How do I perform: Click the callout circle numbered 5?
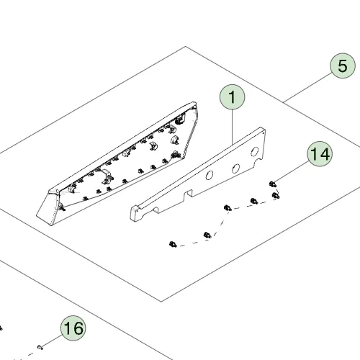pos(343,66)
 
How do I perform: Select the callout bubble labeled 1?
pos(232,97)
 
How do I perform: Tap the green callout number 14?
pos(320,154)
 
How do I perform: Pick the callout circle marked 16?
pos(73,328)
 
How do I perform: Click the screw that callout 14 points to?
pos(273,184)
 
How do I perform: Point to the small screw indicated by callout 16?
pos(40,347)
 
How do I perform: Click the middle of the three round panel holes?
pos(235,168)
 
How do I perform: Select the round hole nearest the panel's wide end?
pos(254,152)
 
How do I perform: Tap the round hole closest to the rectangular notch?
pos(210,175)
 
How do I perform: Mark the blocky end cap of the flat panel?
pos(135,212)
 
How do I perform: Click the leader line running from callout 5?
pos(307,88)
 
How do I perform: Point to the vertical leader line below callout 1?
pos(232,127)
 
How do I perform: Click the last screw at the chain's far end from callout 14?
pos(173,244)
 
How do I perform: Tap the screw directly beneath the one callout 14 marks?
pos(276,195)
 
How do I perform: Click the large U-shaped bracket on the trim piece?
pos(107,176)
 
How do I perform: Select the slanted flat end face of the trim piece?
pos(47,210)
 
